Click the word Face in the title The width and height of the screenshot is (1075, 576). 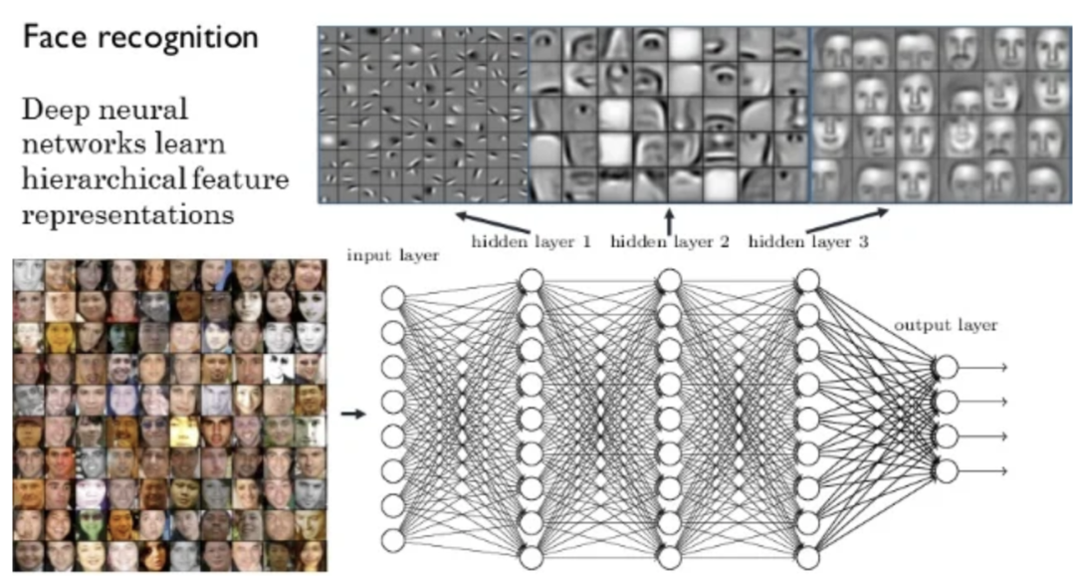54,39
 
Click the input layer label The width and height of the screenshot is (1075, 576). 392,256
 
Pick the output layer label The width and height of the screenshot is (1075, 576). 946,325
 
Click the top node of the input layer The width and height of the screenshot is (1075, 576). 393,298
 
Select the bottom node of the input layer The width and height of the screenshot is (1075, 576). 393,540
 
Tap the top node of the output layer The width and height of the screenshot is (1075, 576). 945,368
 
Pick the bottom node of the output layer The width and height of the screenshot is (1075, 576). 945,470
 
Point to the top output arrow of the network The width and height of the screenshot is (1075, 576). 984,368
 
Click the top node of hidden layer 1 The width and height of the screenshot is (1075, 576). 531,282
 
